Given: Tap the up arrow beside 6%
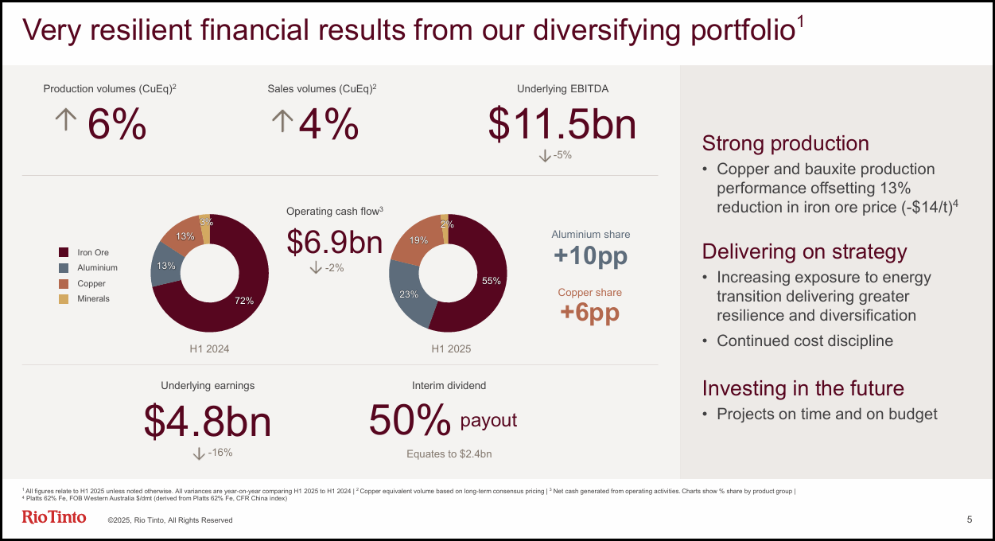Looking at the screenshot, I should point(65,120).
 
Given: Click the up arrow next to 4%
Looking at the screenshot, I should point(282,120).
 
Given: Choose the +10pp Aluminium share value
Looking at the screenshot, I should point(590,256).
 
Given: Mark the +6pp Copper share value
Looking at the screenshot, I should point(589,313).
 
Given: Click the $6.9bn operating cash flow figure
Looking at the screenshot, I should point(334,242).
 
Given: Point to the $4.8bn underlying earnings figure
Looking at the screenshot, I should point(208,421).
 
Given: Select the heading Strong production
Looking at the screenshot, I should point(785,143).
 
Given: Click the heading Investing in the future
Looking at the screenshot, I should point(803,388).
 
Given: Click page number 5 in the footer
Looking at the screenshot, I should point(969,520).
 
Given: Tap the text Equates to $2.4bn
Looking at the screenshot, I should point(449,454).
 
